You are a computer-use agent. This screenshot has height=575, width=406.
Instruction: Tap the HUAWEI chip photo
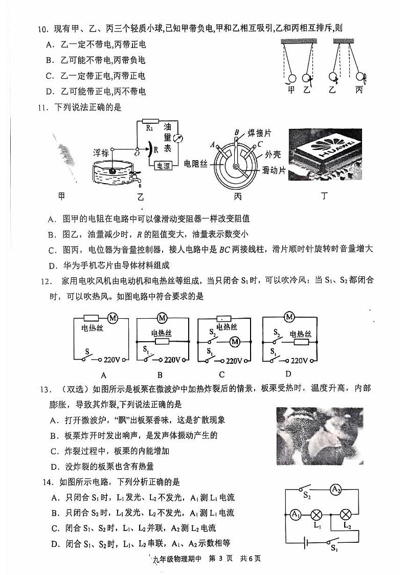click(x=325, y=154)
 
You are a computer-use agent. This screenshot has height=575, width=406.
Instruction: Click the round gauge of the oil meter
click(x=177, y=138)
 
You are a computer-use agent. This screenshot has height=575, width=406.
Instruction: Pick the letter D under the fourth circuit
click(x=288, y=374)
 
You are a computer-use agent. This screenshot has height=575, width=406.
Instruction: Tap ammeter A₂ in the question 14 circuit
click(x=335, y=490)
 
